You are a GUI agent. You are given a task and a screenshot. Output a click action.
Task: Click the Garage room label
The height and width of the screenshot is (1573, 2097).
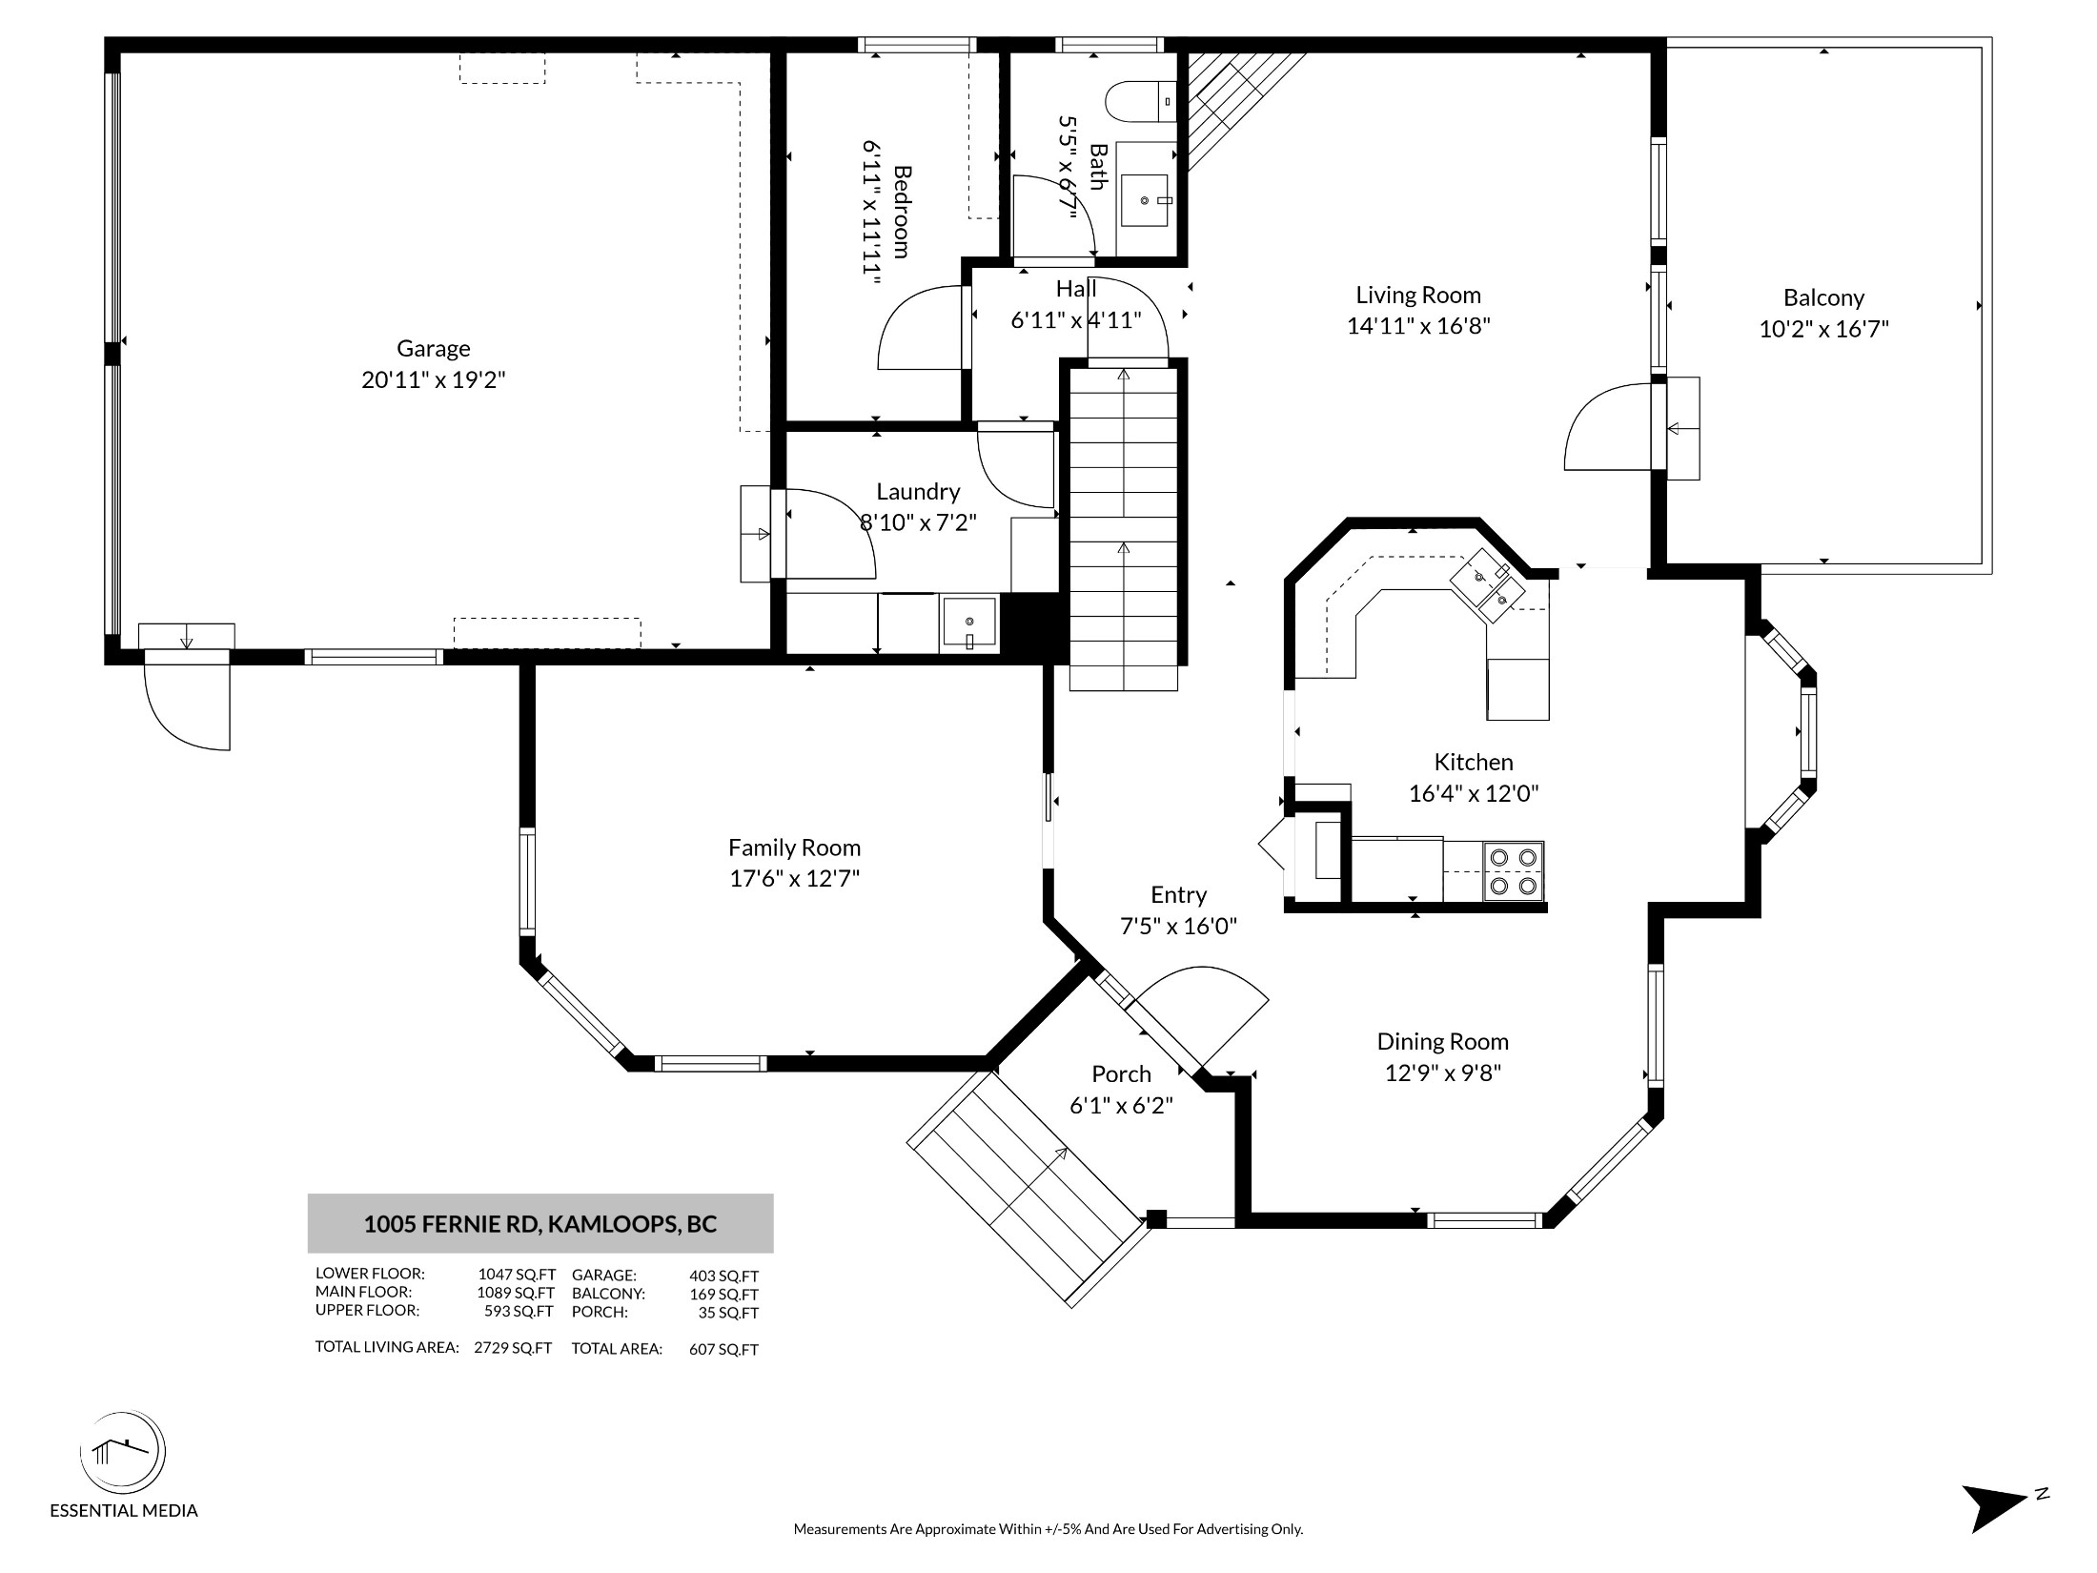(x=434, y=349)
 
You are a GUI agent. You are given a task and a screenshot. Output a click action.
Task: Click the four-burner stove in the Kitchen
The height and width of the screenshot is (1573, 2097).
(x=1513, y=871)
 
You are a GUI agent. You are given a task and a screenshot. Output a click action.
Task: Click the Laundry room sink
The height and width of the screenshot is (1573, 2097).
(x=969, y=623)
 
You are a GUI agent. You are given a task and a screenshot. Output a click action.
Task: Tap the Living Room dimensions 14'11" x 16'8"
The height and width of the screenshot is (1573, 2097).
(x=1418, y=326)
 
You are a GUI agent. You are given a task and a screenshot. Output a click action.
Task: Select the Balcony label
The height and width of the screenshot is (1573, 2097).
(x=1823, y=298)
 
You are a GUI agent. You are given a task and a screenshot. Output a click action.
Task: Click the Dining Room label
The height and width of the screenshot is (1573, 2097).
(x=1442, y=1042)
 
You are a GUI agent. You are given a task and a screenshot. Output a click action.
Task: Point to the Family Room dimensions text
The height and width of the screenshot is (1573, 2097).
(x=795, y=878)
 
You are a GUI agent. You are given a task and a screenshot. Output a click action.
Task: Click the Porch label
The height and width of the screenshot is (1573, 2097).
(x=1121, y=1074)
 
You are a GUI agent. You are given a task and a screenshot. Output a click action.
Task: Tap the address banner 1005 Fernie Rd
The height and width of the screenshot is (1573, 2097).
(x=540, y=1223)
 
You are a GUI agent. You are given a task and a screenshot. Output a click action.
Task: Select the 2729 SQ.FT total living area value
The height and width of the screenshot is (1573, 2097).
(x=513, y=1348)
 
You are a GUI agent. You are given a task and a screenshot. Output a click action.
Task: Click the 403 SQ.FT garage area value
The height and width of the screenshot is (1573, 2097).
(x=724, y=1276)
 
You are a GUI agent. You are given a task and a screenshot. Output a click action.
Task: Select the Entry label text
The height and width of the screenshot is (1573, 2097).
(x=1178, y=895)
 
